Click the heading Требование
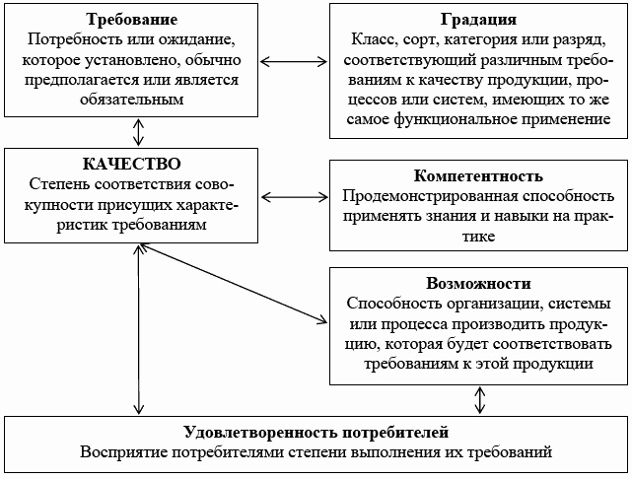pos(131,20)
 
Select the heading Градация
pos(478,20)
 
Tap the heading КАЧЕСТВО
pos(131,164)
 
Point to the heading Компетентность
pos(478,175)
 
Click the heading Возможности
pos(478,283)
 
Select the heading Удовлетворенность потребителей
pos(316,432)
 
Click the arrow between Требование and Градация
pos(294,62)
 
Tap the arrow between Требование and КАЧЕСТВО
pos(138,132)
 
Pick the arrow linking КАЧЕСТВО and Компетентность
pos(294,197)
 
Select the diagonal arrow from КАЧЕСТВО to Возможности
pos(233,283)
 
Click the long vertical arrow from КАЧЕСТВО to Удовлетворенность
pos(138,329)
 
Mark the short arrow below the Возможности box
pos(479,400)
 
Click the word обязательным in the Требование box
pos(131,100)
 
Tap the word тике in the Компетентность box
pos(478,237)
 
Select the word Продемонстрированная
pos(430,196)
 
